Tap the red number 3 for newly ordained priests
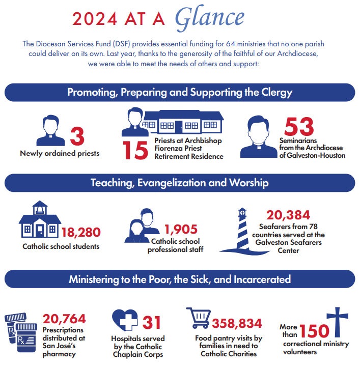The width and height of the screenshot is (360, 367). (x=77, y=136)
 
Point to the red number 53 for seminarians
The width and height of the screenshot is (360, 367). (x=299, y=127)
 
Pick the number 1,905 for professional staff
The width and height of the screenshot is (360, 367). (x=180, y=230)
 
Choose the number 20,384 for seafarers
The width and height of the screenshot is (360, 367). (x=288, y=215)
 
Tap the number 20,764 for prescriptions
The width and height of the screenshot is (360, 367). (x=64, y=319)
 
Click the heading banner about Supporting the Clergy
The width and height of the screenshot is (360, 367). (x=180, y=93)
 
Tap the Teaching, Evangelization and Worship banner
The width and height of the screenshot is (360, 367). (x=180, y=182)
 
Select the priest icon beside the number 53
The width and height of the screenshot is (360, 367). (x=261, y=136)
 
